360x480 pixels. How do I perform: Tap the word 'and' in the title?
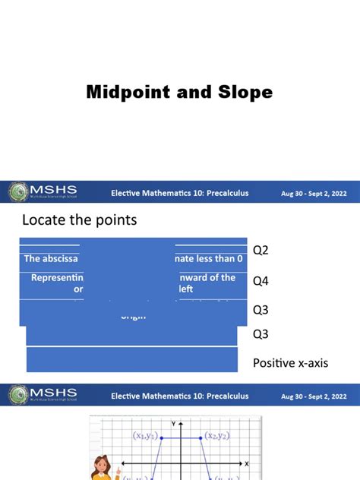pos(193,93)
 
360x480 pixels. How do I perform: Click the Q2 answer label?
pos(261,250)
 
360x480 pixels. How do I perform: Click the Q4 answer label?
pos(261,281)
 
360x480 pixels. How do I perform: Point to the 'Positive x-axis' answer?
pos(290,364)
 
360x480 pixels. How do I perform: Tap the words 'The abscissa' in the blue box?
pos(52,259)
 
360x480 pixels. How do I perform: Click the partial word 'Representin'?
pos(62,278)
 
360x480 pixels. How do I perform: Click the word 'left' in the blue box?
pos(187,289)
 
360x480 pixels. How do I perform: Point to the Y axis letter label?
pos(174,422)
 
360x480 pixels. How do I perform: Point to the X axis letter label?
pos(248,463)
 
